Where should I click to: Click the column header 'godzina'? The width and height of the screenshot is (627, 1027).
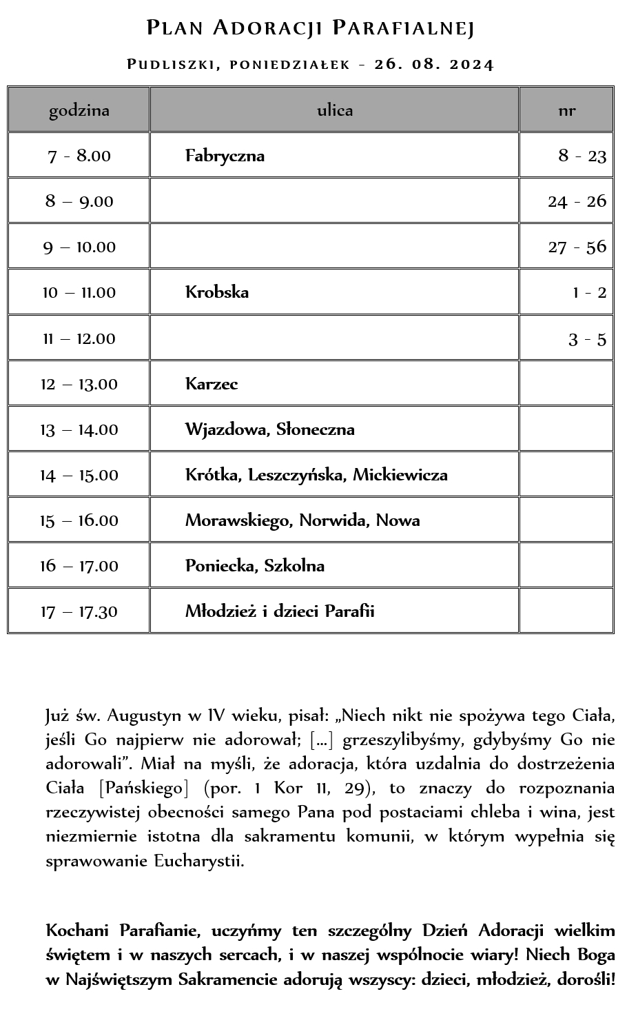click(x=79, y=110)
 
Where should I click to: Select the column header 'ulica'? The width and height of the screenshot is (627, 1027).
click(x=335, y=110)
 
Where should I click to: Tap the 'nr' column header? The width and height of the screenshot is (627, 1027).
click(x=566, y=110)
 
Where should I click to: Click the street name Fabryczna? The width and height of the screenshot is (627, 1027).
click(x=225, y=156)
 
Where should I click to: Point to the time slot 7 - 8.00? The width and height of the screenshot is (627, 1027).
click(x=79, y=156)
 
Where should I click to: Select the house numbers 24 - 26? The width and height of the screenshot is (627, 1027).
click(x=577, y=201)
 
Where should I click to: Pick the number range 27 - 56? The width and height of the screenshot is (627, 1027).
click(x=577, y=247)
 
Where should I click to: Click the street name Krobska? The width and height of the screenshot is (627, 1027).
click(x=217, y=292)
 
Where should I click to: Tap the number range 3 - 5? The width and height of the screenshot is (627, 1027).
click(x=587, y=338)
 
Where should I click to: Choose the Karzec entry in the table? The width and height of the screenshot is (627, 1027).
click(x=212, y=384)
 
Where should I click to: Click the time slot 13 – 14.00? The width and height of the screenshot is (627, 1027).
click(x=79, y=429)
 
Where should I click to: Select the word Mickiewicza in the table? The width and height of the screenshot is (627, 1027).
click(x=400, y=475)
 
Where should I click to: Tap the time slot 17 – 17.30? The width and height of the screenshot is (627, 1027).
click(x=79, y=611)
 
